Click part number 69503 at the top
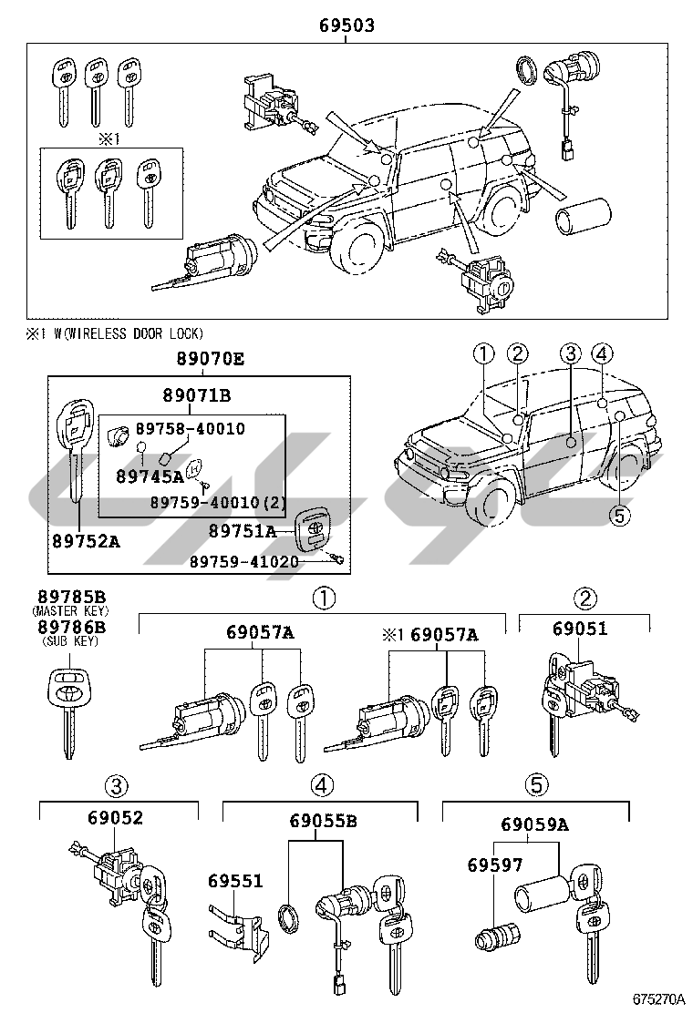(346, 26)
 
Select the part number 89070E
(210, 359)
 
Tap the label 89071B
(197, 394)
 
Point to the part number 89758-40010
(190, 428)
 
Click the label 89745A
(150, 476)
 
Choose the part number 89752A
(86, 541)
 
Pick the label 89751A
(243, 530)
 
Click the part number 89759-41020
(243, 562)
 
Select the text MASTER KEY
(70, 611)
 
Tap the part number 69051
(580, 628)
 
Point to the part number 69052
(116, 817)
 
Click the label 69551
(235, 881)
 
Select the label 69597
(495, 865)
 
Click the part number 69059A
(534, 824)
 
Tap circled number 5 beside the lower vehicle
(619, 516)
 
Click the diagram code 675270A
(657, 998)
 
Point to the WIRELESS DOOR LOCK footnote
(114, 333)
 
